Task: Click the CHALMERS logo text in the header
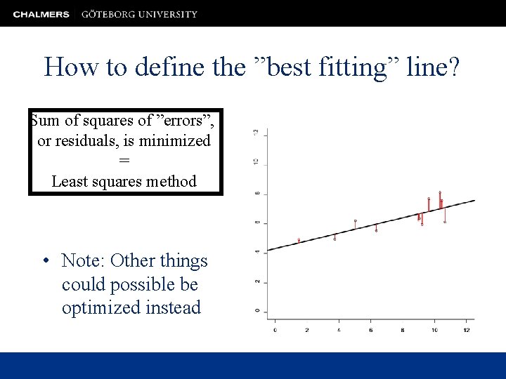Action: [x=41, y=14]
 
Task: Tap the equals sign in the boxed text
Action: [x=124, y=161]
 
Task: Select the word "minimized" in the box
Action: [x=175, y=141]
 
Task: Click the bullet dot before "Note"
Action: [x=45, y=262]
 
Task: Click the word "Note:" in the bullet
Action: [x=84, y=261]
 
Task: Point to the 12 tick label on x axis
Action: [x=467, y=330]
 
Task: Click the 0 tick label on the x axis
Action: [x=275, y=330]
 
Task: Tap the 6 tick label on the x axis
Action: [x=370, y=330]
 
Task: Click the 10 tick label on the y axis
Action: [x=257, y=162]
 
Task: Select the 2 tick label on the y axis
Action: [x=257, y=281]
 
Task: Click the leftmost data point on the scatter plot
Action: [x=299, y=240]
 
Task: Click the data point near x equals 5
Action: [x=356, y=221]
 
